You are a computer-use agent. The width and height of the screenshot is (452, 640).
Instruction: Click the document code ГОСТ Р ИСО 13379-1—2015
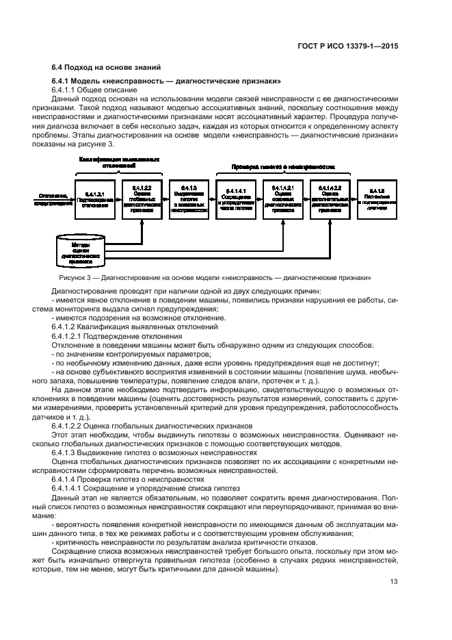click(x=357, y=47)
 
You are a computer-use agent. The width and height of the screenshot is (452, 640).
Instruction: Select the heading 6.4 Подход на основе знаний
click(x=107, y=68)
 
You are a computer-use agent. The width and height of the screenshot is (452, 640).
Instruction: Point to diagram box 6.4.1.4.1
click(x=235, y=200)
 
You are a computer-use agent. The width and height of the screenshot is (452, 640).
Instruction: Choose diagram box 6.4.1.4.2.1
click(x=282, y=200)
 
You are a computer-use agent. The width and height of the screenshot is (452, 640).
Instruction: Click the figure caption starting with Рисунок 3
click(x=215, y=278)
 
